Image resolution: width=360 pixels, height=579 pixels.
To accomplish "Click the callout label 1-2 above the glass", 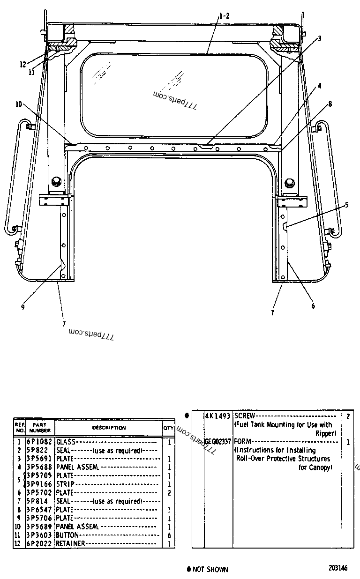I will [224, 16].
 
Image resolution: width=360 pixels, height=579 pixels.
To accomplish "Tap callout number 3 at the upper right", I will [320, 39].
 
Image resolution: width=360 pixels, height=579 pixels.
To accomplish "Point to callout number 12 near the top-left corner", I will [23, 65].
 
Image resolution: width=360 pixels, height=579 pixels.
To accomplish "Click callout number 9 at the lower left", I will [22, 307].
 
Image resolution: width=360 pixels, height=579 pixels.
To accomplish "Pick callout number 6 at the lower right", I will [313, 306].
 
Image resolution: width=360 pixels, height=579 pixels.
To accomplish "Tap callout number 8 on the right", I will [330, 104].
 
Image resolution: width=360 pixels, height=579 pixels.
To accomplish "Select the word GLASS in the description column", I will [65, 442].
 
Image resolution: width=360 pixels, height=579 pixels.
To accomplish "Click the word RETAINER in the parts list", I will [70, 543].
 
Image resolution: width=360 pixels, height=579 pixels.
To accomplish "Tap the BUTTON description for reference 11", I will [67, 535].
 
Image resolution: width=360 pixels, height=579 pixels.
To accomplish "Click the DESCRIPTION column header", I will [109, 428].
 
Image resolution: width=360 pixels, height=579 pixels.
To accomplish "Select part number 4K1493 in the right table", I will [218, 416].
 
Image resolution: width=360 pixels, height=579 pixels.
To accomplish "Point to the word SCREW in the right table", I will [245, 416].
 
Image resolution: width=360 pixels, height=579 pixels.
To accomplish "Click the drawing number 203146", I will [338, 568].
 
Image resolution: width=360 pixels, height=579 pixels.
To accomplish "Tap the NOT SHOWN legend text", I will [210, 570].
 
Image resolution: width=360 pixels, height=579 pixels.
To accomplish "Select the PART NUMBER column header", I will [40, 428].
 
